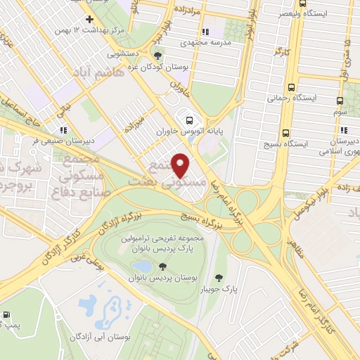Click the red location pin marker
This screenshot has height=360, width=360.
[181, 165]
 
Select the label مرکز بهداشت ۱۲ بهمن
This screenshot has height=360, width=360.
[86, 31]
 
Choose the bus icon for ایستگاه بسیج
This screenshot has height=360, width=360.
[285, 131]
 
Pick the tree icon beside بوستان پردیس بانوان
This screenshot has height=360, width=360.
[163, 266]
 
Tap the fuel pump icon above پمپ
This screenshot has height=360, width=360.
[6, 315]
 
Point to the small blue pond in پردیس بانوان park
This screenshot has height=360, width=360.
[143, 266]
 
